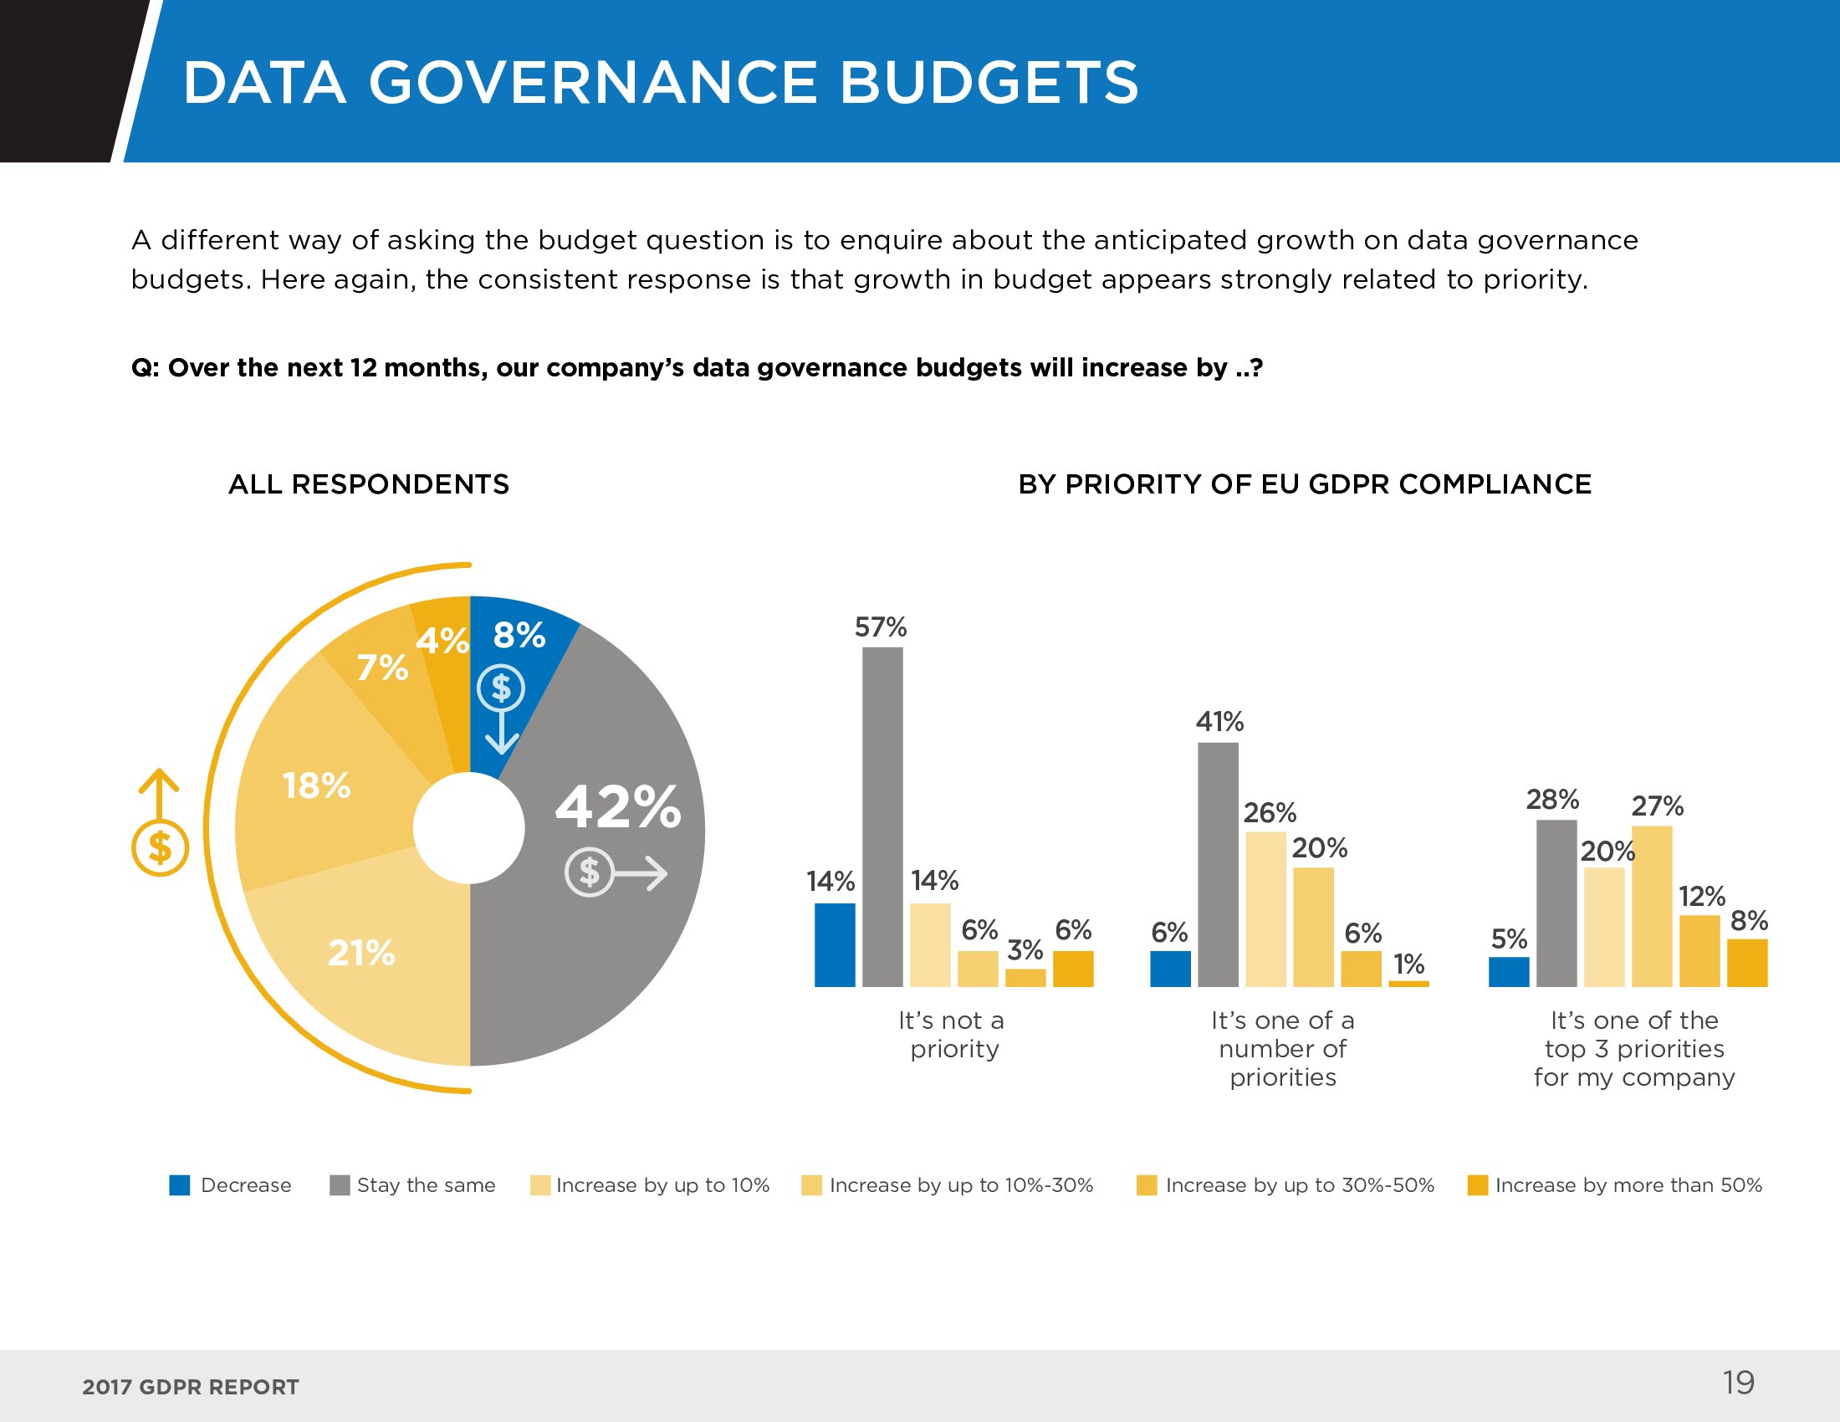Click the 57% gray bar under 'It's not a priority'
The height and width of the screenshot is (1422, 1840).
(882, 816)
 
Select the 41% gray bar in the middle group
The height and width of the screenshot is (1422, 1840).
(1218, 864)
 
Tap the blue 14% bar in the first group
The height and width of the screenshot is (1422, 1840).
(834, 944)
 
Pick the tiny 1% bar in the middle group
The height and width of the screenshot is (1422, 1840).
(1408, 983)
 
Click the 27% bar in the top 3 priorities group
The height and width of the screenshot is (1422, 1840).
(1651, 906)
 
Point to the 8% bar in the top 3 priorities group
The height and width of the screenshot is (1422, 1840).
(1746, 963)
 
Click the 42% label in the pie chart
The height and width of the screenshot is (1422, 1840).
(617, 807)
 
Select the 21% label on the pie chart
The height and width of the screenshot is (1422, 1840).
(360, 953)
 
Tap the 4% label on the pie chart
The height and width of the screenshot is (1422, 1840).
(442, 641)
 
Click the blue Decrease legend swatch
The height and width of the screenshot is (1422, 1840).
(180, 1185)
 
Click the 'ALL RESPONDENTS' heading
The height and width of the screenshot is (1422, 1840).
(368, 484)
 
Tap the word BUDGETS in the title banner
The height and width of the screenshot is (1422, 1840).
(989, 83)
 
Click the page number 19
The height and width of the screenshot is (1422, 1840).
(1738, 1383)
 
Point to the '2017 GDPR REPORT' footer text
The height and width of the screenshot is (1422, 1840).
(191, 1388)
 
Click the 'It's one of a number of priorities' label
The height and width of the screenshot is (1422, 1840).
(1282, 1049)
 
